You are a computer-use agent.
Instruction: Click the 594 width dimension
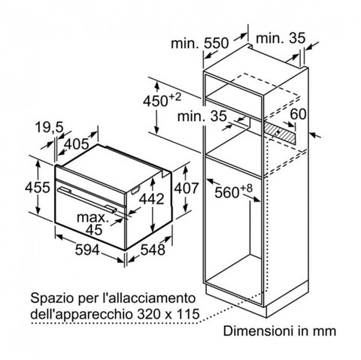[x=87, y=250]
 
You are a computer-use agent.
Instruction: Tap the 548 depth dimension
[x=153, y=250]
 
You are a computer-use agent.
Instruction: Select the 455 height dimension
[x=38, y=187]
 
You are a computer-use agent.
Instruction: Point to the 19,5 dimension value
[x=49, y=127]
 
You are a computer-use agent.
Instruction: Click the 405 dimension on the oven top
[x=77, y=144]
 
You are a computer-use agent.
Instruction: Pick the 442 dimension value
[x=152, y=199]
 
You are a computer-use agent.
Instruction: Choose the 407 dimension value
[x=187, y=188]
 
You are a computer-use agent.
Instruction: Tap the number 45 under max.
[x=94, y=230]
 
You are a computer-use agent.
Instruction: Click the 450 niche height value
[x=156, y=101]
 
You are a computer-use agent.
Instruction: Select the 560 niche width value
[x=227, y=193]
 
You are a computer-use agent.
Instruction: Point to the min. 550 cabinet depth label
[x=200, y=44]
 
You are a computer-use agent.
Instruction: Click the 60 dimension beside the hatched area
[x=298, y=114]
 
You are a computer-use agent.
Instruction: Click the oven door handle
[x=87, y=200]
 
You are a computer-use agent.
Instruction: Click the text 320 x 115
[x=168, y=314]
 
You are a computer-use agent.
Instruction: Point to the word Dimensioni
[x=258, y=331]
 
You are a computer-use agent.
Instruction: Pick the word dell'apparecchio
[x=82, y=315]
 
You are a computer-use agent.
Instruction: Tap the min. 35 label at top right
[x=281, y=38]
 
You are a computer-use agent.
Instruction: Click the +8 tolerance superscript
[x=247, y=188]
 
